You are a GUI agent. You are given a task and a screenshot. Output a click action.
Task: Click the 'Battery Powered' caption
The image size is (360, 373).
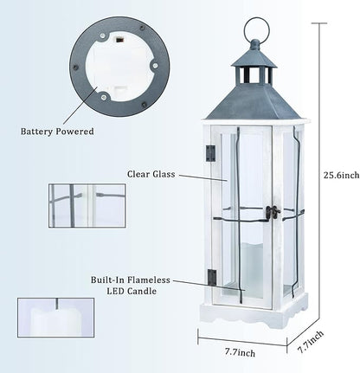click(x=57, y=132)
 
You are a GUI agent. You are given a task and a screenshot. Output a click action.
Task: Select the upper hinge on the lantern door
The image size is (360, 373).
click(x=209, y=153)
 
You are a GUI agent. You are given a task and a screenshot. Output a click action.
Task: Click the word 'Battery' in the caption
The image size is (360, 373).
click(x=40, y=132)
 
